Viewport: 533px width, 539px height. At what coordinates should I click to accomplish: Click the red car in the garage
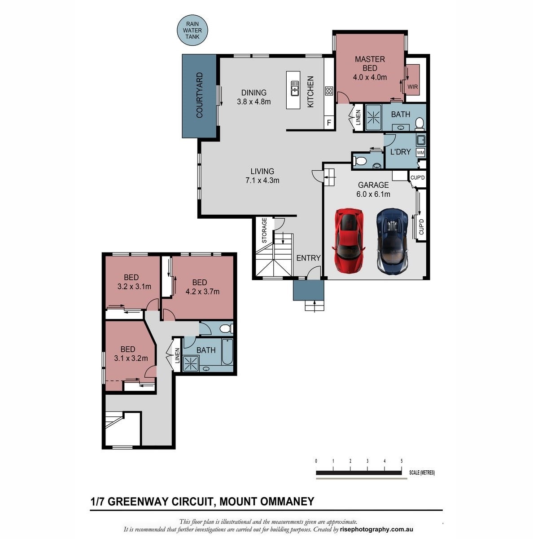(348, 241)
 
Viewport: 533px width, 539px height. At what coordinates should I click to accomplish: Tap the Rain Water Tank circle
(192, 30)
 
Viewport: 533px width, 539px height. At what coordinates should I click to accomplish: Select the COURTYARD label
(199, 95)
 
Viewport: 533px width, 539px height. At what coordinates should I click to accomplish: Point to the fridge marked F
(329, 122)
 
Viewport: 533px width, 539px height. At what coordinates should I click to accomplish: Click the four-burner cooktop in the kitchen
(329, 91)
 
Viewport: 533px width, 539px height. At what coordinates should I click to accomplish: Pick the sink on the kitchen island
(295, 88)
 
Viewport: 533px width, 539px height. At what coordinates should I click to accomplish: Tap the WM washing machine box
(420, 152)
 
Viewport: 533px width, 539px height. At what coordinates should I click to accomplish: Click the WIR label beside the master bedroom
(413, 87)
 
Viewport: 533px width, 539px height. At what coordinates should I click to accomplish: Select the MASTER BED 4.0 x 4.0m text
(370, 68)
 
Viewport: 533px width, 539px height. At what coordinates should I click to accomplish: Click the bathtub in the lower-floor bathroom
(227, 352)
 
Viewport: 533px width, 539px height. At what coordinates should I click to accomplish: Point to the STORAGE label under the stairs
(264, 230)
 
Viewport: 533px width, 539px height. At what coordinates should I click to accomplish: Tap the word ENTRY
(308, 258)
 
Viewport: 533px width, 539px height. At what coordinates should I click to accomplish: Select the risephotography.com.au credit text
(376, 530)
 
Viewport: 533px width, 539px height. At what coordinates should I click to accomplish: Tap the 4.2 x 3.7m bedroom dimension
(202, 292)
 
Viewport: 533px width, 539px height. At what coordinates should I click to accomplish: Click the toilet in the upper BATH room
(419, 123)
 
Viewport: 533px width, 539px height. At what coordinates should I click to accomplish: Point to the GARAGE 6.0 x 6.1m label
(373, 190)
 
